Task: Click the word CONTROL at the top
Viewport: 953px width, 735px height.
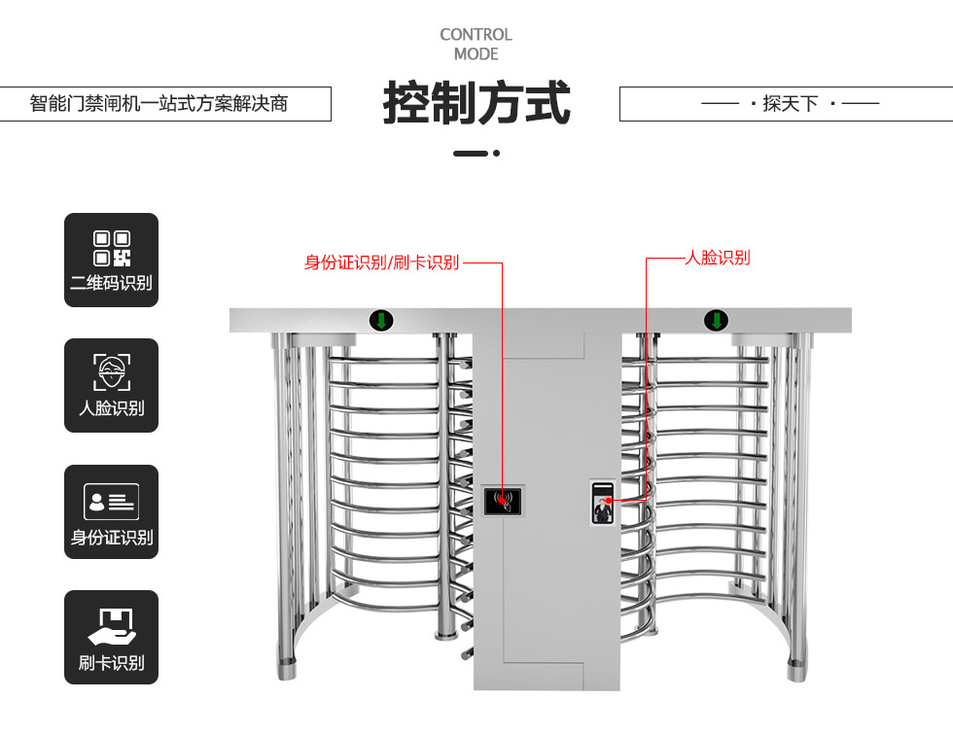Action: point(476,35)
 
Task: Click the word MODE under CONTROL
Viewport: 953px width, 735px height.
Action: point(476,54)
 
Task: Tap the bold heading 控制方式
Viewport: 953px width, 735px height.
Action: point(476,103)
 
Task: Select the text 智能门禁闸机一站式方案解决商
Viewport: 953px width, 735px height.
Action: point(159,103)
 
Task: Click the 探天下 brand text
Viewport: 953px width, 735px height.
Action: point(790,103)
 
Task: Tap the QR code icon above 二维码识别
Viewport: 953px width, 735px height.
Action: point(111,248)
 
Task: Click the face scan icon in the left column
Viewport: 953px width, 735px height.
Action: point(111,371)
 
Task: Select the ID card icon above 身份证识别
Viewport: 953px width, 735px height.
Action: point(111,502)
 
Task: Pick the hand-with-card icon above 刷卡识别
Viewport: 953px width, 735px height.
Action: point(111,627)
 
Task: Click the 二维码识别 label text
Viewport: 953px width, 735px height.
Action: point(111,283)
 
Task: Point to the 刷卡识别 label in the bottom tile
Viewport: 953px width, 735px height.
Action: point(111,663)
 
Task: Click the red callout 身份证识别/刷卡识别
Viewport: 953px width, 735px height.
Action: point(381,262)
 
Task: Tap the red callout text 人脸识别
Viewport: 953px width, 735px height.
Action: point(718,258)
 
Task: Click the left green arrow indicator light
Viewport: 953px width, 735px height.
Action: point(381,320)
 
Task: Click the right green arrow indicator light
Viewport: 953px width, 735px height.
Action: point(716,320)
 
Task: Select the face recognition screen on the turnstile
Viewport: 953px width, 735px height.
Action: point(603,502)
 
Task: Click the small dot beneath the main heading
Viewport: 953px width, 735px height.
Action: point(497,153)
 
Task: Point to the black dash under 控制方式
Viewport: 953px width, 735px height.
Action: point(471,153)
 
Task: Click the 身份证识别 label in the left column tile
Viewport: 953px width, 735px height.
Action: point(111,538)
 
